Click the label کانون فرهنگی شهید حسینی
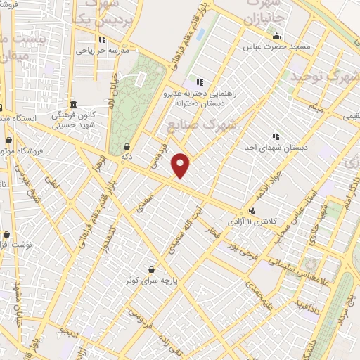(x=73, y=119)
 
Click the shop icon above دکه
(x=127, y=147)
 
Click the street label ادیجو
(x=67, y=330)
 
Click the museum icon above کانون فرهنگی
(x=73, y=103)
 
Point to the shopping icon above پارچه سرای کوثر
(x=152, y=269)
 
